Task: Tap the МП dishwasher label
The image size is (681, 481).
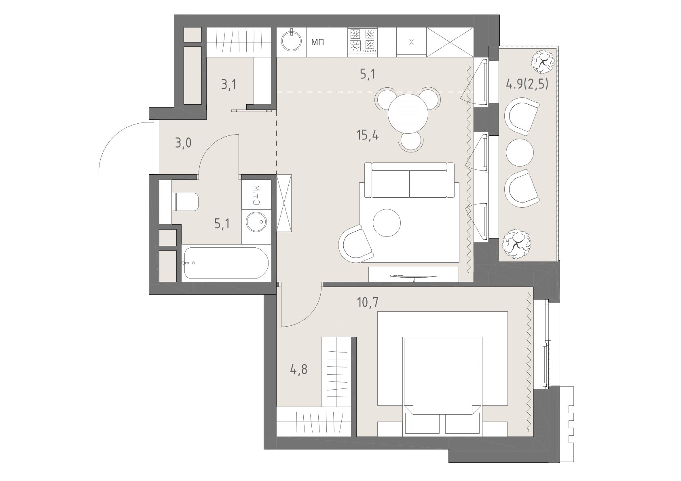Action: click(x=317, y=42)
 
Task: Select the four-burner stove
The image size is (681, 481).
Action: click(x=362, y=42)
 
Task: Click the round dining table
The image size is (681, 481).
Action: click(x=408, y=113)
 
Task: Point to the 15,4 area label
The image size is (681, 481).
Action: click(x=368, y=135)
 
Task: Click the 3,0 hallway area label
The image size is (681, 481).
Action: click(x=183, y=143)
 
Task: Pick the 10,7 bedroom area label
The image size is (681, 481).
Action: click(x=368, y=303)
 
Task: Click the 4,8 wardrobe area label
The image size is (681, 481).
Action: click(x=298, y=370)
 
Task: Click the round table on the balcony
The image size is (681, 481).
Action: click(x=520, y=152)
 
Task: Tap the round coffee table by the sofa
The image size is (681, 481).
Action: click(x=387, y=223)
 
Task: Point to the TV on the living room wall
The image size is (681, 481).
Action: click(x=413, y=276)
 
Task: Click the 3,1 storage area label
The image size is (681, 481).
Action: click(x=228, y=85)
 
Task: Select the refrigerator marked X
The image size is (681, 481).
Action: click(x=411, y=42)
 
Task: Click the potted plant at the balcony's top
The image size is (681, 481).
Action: click(x=542, y=62)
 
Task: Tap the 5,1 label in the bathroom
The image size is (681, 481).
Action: click(x=222, y=224)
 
